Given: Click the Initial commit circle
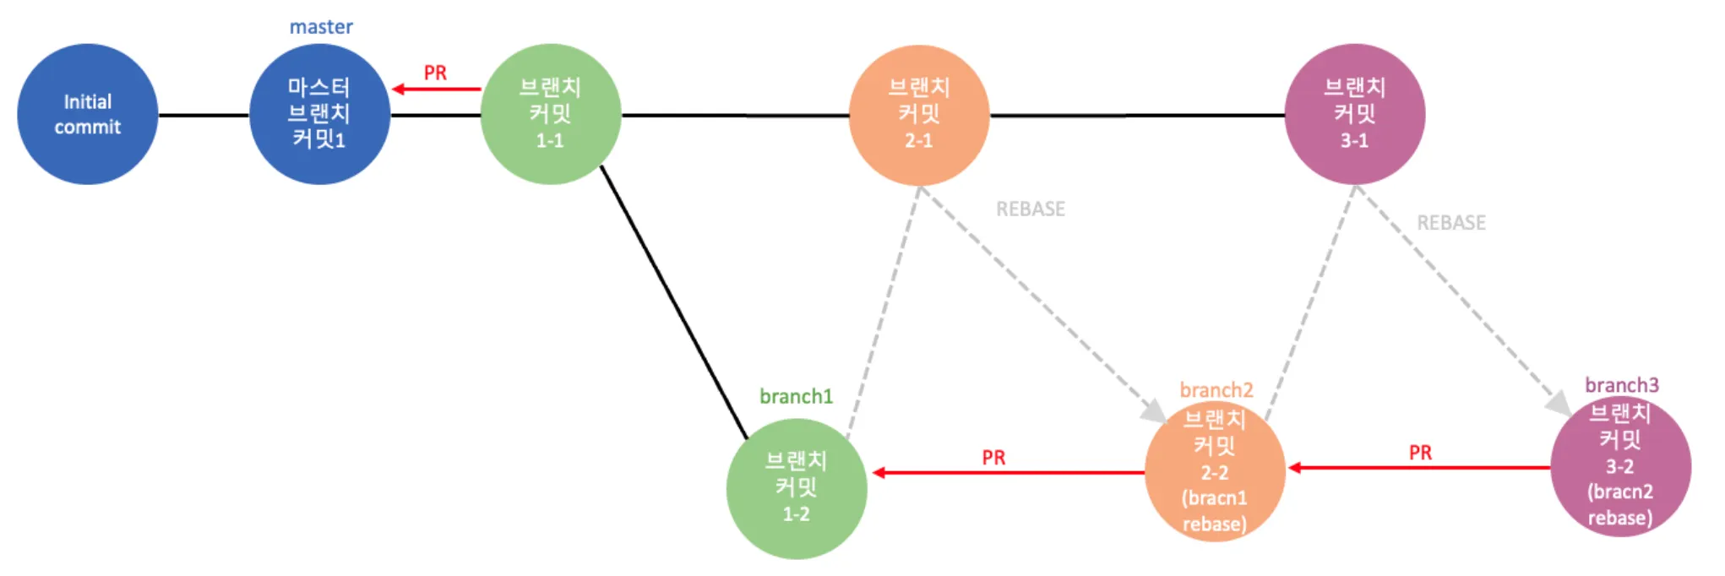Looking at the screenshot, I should [x=87, y=114].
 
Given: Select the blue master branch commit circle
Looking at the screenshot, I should [x=319, y=114].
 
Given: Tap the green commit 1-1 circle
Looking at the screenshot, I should [x=550, y=114].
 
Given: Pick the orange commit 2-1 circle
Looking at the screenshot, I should [x=918, y=114].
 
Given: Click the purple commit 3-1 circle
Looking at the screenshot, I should [x=1354, y=114].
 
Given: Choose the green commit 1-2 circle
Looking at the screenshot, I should [x=796, y=488].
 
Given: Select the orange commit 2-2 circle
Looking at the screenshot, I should [x=1215, y=471].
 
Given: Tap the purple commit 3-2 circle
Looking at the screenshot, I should [x=1620, y=465].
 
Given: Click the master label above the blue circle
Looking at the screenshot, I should [x=321, y=27].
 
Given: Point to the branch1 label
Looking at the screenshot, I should [x=796, y=396].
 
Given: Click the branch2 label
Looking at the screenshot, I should [x=1216, y=390].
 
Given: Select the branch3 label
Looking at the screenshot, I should [x=1621, y=385].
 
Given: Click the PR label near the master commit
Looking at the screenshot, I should [x=435, y=73].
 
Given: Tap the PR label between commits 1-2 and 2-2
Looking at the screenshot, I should [x=993, y=458].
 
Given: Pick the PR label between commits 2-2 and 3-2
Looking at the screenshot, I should [x=1420, y=453].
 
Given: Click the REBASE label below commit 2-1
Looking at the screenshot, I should [x=1030, y=209].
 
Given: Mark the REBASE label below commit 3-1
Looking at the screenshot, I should [x=1450, y=222].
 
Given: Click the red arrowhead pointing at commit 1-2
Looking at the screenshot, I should [x=879, y=472].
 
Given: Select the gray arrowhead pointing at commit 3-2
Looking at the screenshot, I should [x=1559, y=404].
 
